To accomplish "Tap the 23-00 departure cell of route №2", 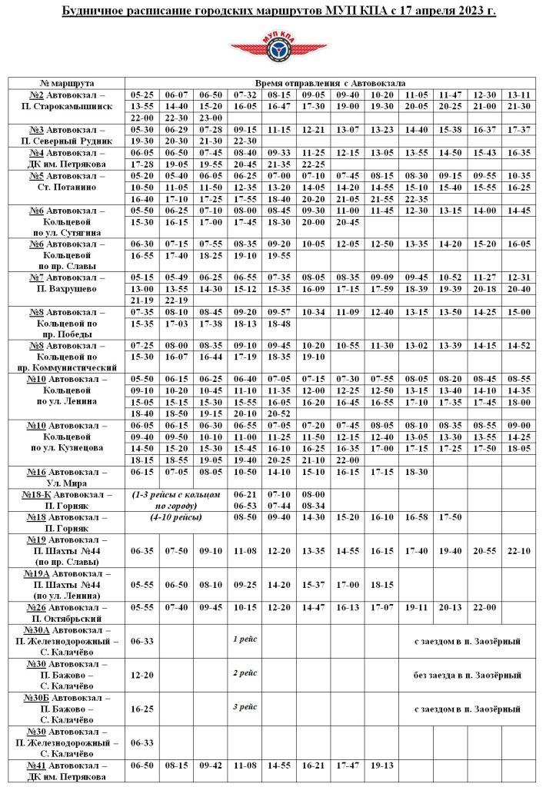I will [210, 118].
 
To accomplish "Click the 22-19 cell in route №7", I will [176, 300].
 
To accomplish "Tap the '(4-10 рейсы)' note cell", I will [176, 517].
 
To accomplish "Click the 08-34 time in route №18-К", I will [313, 506].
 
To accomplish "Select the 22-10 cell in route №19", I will [520, 551].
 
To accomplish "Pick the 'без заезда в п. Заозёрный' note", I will [467, 675].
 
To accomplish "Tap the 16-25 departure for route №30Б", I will [142, 709].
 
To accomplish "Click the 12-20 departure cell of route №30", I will [142, 675].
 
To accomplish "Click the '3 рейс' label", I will [245, 708].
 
